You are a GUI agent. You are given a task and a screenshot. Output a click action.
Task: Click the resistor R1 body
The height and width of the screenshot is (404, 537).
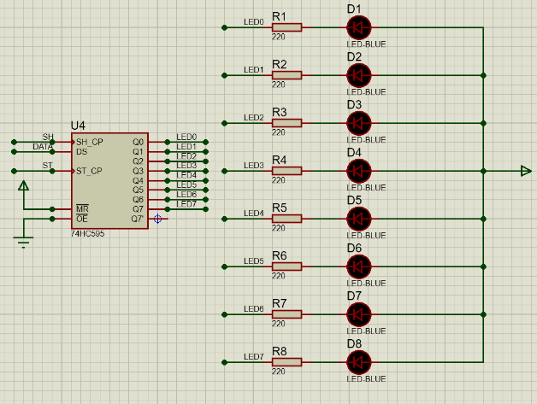tap(286, 27)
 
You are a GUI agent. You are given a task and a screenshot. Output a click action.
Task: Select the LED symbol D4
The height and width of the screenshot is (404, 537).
tap(358, 171)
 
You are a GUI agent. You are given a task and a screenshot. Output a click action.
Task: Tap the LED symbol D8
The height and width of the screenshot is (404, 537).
tap(358, 362)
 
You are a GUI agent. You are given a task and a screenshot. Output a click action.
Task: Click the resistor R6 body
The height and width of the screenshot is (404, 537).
tap(286, 266)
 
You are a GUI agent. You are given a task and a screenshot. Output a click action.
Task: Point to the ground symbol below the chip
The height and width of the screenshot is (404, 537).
tap(23, 242)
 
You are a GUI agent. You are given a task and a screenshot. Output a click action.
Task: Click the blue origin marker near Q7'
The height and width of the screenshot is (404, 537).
tap(157, 219)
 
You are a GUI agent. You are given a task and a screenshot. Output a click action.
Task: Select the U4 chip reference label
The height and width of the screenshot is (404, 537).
tap(78, 126)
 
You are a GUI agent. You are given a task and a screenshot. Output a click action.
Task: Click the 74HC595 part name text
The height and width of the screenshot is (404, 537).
tap(88, 234)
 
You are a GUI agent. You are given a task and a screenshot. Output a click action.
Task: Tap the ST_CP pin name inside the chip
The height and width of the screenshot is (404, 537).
tap(89, 171)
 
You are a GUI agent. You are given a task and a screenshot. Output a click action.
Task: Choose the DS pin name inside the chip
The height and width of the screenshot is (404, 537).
tap(82, 151)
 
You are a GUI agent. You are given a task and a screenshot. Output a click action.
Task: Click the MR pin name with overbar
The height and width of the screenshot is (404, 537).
tap(82, 208)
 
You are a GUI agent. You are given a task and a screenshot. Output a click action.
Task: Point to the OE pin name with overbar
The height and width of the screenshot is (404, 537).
tap(82, 219)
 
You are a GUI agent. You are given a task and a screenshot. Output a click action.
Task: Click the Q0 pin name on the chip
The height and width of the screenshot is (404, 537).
tap(138, 142)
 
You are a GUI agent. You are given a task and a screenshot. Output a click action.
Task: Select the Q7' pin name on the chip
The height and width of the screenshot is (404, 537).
tap(138, 219)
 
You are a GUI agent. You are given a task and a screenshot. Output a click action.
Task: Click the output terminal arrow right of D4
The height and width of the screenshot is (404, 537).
tap(526, 171)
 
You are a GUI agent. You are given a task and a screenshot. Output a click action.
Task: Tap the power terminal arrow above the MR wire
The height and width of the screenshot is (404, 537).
tap(23, 185)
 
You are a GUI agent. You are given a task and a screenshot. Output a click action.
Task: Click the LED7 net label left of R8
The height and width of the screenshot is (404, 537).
tap(254, 357)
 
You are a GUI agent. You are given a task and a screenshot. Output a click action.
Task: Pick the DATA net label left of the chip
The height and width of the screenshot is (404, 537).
tap(43, 147)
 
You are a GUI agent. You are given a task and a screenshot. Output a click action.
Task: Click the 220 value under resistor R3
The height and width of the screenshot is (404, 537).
tap(279, 132)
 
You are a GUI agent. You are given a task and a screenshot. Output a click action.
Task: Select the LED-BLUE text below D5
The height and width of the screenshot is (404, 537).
tap(366, 236)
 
